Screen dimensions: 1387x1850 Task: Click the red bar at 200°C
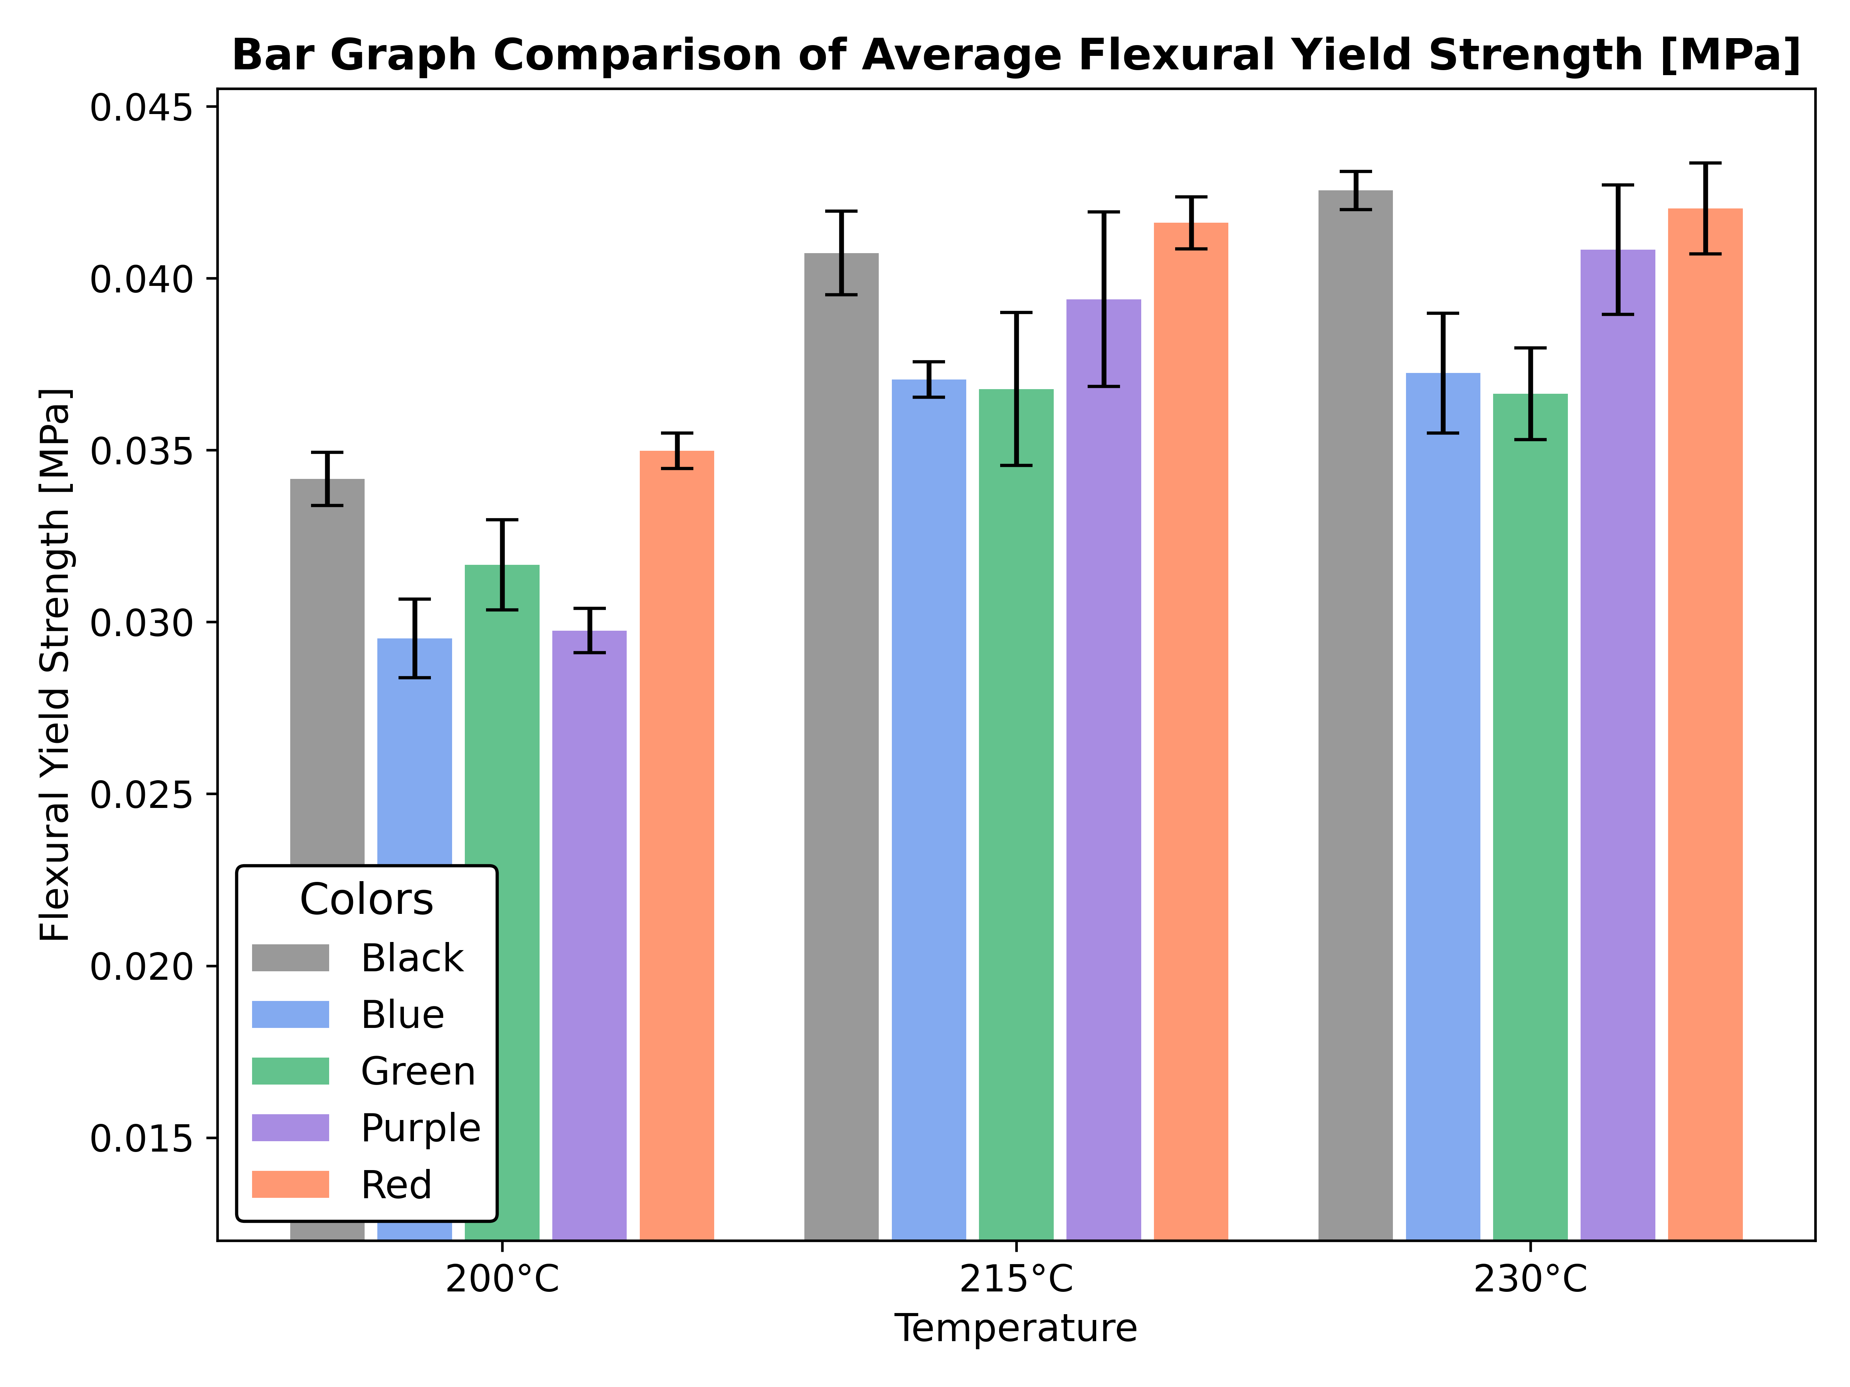(677, 845)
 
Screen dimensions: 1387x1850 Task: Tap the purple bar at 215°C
(1103, 769)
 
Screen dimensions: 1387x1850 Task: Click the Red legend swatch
(290, 1185)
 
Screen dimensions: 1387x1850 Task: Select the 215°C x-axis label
(1015, 1279)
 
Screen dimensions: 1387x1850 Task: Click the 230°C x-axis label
(1530, 1279)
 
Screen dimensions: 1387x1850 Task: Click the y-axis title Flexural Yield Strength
(55, 665)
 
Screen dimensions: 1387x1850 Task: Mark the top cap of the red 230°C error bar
(1704, 163)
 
